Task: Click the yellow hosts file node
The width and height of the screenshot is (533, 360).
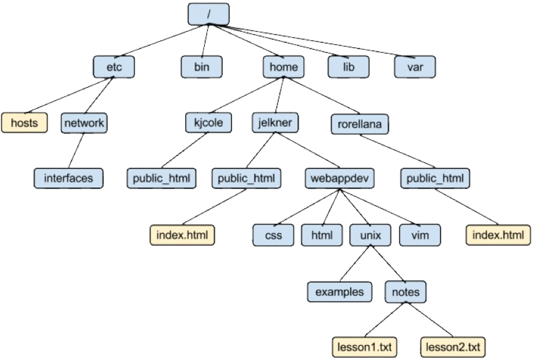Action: coord(24,122)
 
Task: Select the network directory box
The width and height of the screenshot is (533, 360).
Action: coord(84,122)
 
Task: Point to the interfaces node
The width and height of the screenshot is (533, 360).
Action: coord(68,178)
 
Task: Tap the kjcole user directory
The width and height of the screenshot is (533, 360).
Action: coord(209,122)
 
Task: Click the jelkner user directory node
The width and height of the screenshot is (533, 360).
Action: coord(275,122)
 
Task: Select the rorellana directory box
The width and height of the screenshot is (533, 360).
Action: coord(359,124)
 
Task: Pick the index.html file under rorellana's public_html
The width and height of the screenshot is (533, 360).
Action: coord(498,235)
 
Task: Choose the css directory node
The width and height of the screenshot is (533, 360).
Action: coord(273,235)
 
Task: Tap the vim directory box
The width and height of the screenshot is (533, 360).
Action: coord(420,235)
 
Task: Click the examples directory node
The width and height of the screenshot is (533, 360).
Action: coord(339,290)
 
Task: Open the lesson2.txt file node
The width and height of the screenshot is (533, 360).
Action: coord(453,346)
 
